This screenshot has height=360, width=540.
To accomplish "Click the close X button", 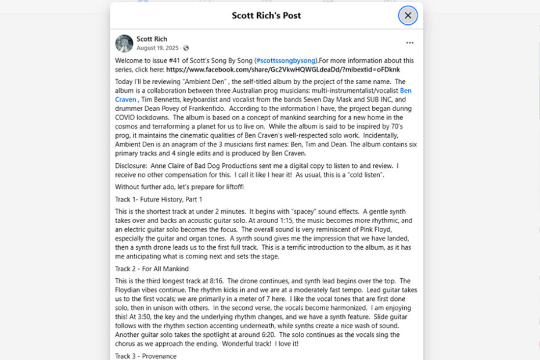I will pos(408,16).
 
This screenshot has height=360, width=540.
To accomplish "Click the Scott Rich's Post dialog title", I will pos(266,16).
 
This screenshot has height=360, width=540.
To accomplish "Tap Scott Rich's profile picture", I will pos(124,44).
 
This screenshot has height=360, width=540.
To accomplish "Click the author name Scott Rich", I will pos(152,39).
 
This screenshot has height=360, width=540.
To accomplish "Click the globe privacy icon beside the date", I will pos(186,48).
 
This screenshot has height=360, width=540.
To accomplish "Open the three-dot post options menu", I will pos(410,43).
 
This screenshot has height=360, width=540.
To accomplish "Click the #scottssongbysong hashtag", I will pos(286,60).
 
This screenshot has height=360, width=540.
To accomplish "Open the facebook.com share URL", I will pos(283,69).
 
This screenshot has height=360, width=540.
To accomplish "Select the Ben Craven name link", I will pos(405,91).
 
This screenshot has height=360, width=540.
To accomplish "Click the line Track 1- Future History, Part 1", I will pos(159,199).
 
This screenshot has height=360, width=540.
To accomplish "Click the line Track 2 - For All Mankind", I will pos(152,269).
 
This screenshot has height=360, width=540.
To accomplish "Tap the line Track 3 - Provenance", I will pos(146,356).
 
